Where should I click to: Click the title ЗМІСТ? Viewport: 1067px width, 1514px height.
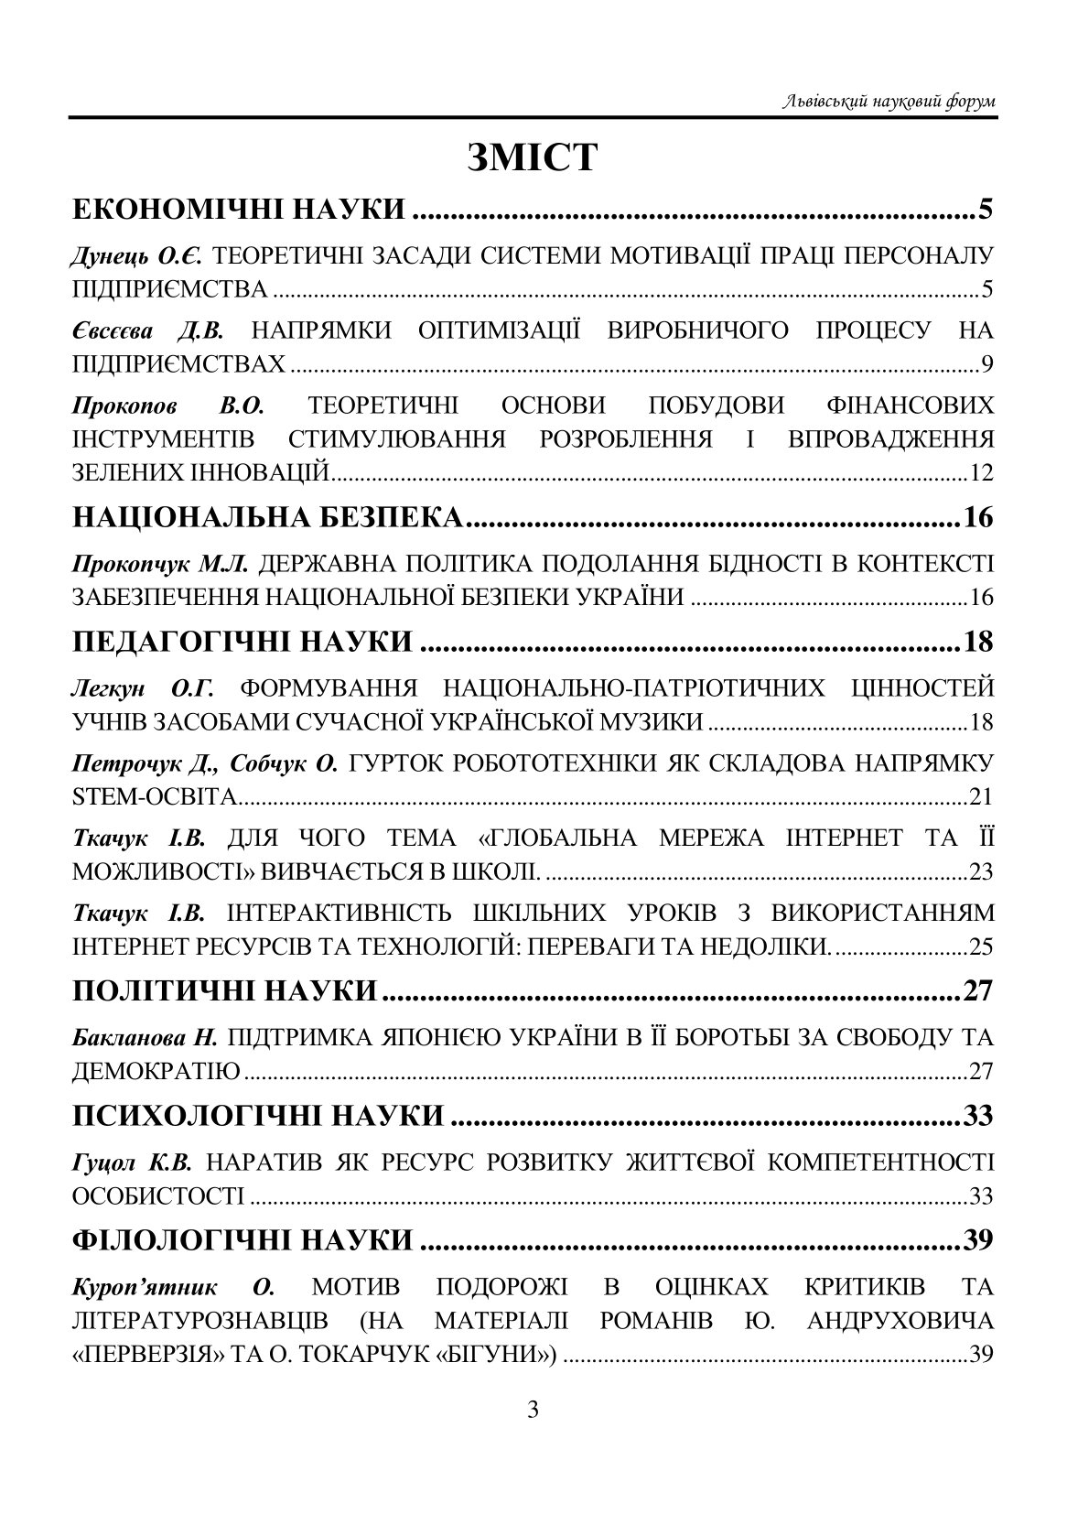point(532,157)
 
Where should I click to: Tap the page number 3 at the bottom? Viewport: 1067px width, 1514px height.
point(533,1409)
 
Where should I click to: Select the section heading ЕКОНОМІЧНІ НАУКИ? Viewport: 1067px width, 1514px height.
point(239,210)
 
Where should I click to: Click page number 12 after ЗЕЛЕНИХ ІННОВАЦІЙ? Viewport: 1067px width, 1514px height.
point(980,473)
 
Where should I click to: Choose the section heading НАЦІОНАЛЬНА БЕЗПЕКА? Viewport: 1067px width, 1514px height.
point(268,518)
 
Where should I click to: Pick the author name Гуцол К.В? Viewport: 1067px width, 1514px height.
point(132,1163)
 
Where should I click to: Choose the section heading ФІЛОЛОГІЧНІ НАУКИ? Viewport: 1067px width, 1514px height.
point(242,1240)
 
